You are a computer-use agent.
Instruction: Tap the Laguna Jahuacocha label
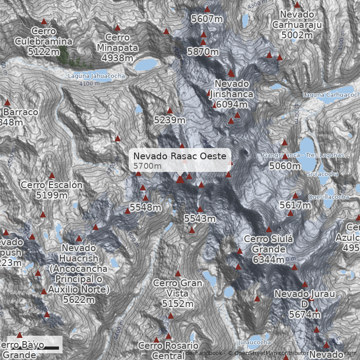96,76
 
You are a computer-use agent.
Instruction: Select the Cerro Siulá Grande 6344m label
268,249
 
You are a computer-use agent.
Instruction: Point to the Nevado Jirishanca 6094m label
232,94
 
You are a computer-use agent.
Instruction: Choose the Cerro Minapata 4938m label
117,48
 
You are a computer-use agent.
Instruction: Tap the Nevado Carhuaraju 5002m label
297,24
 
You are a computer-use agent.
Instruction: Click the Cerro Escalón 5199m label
52,190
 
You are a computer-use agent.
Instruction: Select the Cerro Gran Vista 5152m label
178,293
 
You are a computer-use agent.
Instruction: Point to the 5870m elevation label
203,52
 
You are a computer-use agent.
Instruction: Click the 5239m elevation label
170,120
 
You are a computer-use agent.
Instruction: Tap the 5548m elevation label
145,207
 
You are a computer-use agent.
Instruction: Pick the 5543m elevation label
200,219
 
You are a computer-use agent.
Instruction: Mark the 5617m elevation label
295,205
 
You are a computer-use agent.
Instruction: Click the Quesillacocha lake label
328,197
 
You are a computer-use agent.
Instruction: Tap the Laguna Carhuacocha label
331,94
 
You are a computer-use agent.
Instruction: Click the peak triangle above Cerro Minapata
117,27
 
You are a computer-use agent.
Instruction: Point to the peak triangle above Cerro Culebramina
44,21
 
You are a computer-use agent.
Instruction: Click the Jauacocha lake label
255,342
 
